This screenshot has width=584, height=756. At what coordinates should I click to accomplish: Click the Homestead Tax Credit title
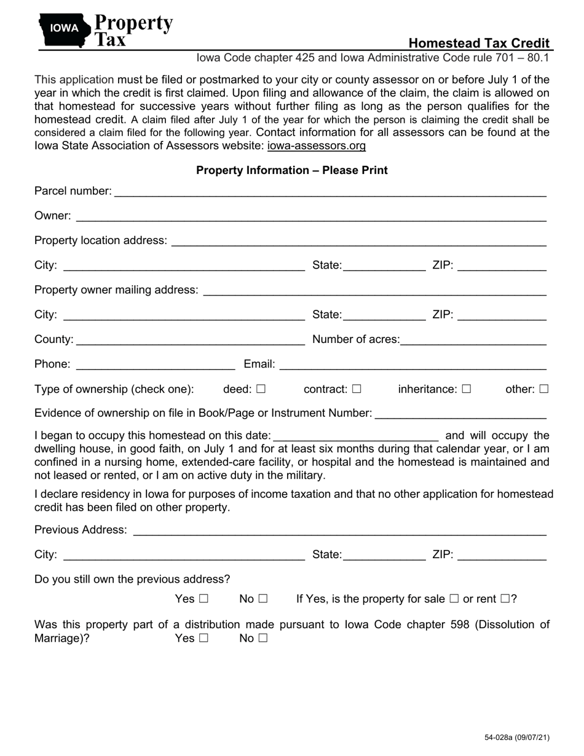point(479,43)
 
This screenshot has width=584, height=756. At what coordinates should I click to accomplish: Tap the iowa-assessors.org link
point(317,146)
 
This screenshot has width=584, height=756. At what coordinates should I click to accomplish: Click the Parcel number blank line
point(329,192)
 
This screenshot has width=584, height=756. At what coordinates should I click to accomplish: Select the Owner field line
point(311,216)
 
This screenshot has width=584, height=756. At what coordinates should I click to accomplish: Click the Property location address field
point(358,241)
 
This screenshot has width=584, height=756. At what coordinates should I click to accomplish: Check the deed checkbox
point(261,389)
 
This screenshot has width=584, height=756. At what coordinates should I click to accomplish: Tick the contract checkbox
point(357,389)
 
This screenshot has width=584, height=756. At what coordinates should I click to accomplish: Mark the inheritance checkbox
point(467,389)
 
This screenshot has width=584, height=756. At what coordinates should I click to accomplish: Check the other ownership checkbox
point(543,389)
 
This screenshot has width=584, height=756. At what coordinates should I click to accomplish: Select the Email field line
point(412,364)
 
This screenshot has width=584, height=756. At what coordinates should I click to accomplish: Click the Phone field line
point(155,364)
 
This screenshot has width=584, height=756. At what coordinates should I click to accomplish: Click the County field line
point(190,340)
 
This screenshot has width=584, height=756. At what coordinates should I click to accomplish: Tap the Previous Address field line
point(339,530)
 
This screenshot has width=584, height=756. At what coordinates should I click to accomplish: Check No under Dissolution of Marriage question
point(263,638)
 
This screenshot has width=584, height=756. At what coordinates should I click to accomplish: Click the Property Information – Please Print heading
point(292,170)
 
